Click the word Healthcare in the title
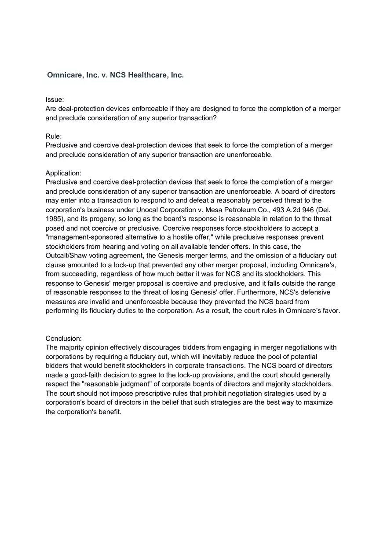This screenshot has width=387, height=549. pos(148,75)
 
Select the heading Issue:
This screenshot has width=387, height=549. pos(55,99)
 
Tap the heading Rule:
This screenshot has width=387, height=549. pos(54,136)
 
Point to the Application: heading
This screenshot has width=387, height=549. pos(64,173)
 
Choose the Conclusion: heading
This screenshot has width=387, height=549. pos(64,338)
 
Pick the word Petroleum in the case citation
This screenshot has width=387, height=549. pos(223,210)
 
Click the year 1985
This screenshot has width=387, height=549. pos(53,219)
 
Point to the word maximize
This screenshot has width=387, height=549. pos(318,402)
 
